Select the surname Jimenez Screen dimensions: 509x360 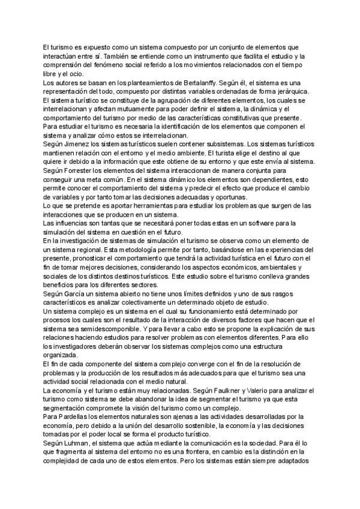(x=79, y=144)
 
